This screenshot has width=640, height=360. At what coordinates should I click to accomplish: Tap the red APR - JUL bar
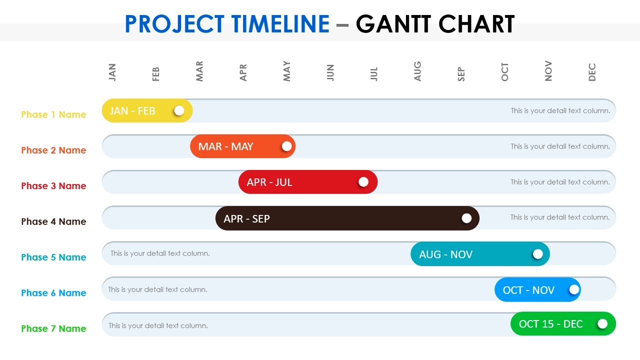300,182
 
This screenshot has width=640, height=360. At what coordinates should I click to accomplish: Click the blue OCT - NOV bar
530,290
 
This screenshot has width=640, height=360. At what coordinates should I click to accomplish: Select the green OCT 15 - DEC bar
555,324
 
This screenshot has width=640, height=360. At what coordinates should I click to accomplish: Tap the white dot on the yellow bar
179,110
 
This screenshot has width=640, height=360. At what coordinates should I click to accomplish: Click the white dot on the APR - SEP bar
466,218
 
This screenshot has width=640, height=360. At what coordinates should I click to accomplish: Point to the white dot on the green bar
602,324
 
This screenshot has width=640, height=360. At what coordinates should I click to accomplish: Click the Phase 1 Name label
53,114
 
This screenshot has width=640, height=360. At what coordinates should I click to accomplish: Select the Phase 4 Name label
53,221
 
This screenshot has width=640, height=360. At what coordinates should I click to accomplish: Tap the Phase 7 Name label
53,328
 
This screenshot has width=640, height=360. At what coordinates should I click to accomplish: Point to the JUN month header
330,72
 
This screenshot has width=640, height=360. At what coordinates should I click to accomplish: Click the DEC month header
592,72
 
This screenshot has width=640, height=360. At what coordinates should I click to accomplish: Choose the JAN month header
112,72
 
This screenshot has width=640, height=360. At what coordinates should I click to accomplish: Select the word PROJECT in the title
174,24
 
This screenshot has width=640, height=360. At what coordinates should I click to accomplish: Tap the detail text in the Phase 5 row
160,253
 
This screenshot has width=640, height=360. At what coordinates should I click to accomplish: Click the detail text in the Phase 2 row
560,146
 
